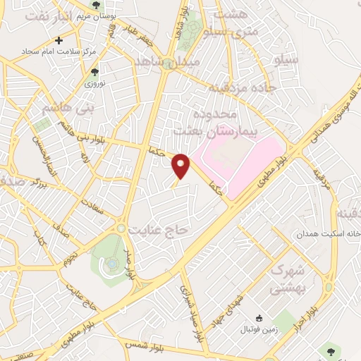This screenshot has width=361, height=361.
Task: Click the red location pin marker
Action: click(x=182, y=166)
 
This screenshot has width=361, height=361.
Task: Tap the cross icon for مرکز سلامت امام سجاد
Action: click(x=59, y=40)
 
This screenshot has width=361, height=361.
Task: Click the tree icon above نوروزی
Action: click(x=94, y=72)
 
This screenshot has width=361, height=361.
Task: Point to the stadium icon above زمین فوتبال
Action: click(x=259, y=319)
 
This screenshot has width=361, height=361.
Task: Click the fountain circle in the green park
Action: click(x=112, y=264)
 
